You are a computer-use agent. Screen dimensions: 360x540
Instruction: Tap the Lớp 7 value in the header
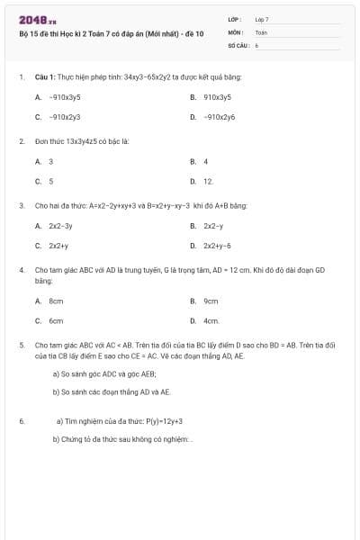tap(262, 19)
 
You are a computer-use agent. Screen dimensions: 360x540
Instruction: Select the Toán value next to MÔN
tap(261, 31)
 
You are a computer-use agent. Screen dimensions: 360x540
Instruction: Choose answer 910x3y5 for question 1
tap(217, 96)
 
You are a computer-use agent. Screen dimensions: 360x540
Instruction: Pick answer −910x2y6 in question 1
tap(219, 117)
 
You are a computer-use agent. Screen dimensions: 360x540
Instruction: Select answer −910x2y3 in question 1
tap(65, 117)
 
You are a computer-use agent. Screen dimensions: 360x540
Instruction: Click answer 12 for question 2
tap(208, 182)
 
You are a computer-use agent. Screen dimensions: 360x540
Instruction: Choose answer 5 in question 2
tap(51, 182)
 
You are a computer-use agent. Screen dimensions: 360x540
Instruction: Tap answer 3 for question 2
tap(51, 161)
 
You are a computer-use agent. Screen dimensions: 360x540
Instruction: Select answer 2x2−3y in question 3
tap(60, 226)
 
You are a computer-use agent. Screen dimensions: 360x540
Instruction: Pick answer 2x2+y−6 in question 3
tap(217, 246)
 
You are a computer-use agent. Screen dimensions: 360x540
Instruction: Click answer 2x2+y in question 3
tap(58, 246)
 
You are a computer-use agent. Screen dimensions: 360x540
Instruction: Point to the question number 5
tap(21, 345)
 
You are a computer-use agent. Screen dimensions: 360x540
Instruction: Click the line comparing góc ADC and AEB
tap(104, 373)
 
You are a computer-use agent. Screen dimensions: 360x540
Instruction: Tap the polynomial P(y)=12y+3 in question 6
tap(163, 421)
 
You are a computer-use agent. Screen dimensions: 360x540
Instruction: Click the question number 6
tap(21, 421)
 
